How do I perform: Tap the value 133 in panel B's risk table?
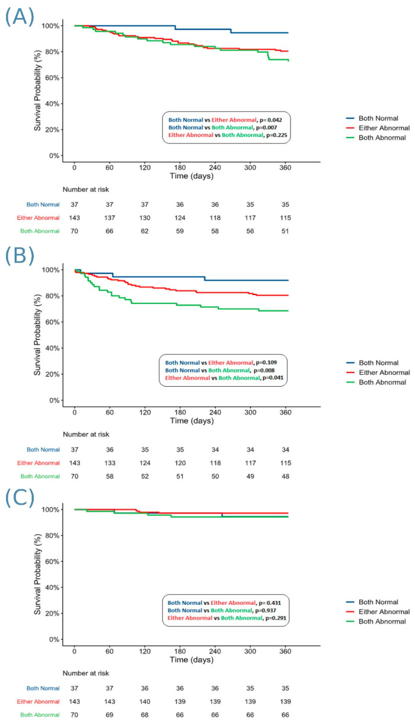[x=109, y=463]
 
